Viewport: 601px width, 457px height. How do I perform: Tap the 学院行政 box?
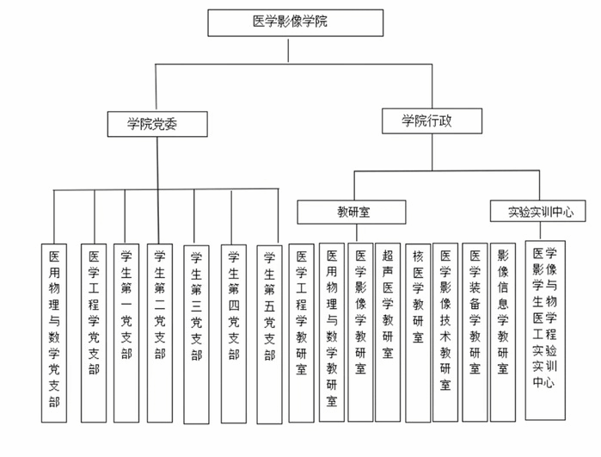tap(426, 121)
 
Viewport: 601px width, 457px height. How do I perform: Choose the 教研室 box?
tap(353, 211)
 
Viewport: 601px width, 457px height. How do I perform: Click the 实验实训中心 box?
tap(540, 211)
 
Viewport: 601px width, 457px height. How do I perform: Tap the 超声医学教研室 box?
tap(388, 331)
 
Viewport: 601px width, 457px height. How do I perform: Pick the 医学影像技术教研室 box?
tap(445, 331)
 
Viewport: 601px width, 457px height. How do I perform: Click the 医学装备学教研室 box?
tap(475, 331)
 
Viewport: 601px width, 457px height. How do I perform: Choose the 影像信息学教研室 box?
tap(503, 331)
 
